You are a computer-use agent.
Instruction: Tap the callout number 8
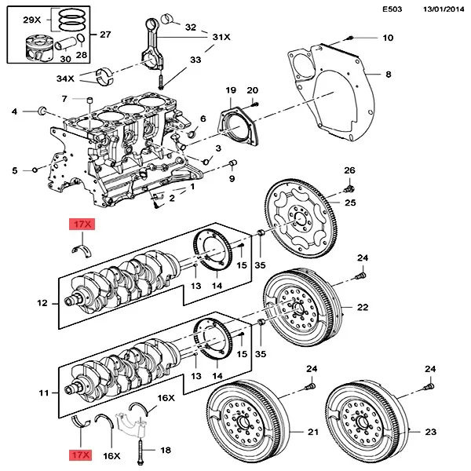click(x=387, y=75)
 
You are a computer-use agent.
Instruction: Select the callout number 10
click(x=388, y=38)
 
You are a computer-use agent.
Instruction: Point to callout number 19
click(x=231, y=92)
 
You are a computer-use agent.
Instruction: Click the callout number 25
click(x=350, y=204)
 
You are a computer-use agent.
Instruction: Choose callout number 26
click(x=350, y=170)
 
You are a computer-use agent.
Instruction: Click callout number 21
click(x=312, y=433)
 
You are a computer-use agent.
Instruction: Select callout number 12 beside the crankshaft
click(x=44, y=302)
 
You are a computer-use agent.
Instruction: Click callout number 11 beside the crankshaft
click(x=44, y=389)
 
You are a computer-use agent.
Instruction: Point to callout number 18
click(x=165, y=451)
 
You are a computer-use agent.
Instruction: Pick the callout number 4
click(x=13, y=113)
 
